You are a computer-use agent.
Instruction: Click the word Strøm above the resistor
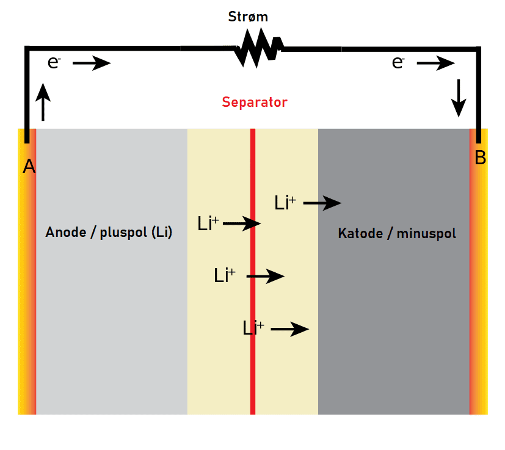(247, 16)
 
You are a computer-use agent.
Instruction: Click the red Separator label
(254, 102)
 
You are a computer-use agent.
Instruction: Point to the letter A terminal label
(29, 166)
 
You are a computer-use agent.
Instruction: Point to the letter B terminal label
(480, 158)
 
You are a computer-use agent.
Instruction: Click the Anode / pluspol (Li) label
(109, 233)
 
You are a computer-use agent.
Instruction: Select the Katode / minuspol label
(397, 233)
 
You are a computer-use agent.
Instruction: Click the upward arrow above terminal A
(43, 103)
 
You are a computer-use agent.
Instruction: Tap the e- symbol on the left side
(54, 62)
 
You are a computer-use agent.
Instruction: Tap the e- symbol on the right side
(398, 62)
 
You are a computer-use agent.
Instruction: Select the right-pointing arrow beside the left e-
(92, 63)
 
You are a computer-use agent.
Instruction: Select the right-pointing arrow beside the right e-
(436, 63)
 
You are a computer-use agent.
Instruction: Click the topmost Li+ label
(285, 203)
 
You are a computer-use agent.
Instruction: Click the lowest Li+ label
(253, 328)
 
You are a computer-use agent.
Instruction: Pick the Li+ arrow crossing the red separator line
(242, 224)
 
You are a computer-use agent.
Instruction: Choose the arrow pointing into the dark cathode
(322, 203)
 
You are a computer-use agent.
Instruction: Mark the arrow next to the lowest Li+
(289, 330)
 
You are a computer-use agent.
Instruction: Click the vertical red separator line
(253, 366)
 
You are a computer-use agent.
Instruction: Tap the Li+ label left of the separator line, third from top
(224, 275)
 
